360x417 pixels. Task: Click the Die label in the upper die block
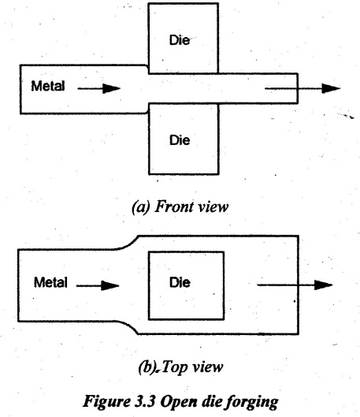[180, 40]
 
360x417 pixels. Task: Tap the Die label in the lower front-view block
[180, 140]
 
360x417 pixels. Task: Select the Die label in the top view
[180, 282]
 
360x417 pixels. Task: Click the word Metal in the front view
[48, 86]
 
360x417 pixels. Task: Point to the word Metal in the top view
[50, 282]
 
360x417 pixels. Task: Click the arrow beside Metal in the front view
[98, 88]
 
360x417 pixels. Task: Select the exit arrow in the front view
[302, 88]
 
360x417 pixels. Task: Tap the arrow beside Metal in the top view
[98, 285]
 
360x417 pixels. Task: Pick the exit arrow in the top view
[295, 285]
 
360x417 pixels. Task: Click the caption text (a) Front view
[180, 207]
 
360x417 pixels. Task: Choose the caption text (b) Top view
[180, 367]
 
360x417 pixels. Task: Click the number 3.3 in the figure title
[144, 400]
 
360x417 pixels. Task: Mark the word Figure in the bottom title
[106, 401]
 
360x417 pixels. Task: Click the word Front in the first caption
[172, 207]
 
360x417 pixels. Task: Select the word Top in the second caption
[174, 368]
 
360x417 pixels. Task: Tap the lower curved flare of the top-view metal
[127, 326]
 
